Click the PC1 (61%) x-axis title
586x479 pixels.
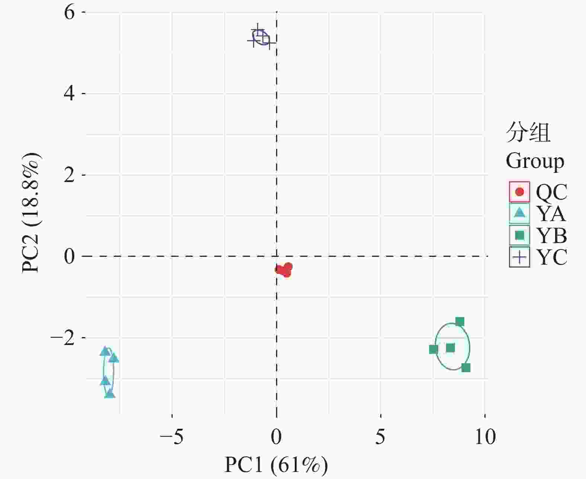click(276, 465)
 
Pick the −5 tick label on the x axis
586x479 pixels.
click(172, 437)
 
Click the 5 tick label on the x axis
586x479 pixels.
click(380, 437)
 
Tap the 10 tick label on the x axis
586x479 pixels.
click(485, 437)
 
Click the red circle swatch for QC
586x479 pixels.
click(519, 192)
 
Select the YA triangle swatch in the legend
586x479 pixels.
click(519, 213)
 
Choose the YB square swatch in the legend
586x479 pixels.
click(519, 235)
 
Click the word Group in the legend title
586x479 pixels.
click(535, 162)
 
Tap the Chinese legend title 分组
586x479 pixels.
click(528, 132)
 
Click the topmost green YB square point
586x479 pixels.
click(459, 322)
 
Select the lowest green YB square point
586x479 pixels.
click(466, 368)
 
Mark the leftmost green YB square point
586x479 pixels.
click(433, 349)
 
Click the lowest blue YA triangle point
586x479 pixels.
click(110, 394)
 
